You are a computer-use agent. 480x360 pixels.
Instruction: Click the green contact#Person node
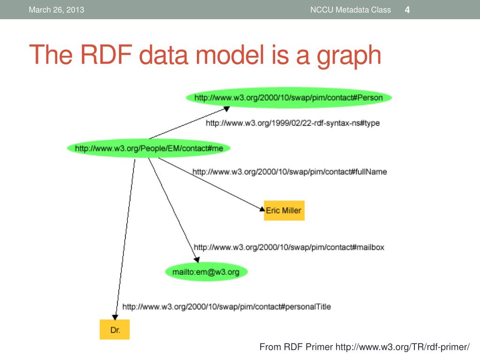(288, 98)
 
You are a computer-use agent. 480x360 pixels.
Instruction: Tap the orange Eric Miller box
(284, 210)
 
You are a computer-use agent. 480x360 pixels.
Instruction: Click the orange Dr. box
(115, 330)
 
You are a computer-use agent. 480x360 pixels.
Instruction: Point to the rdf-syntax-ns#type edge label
(292, 123)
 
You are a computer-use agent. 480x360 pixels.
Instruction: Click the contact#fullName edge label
(290, 172)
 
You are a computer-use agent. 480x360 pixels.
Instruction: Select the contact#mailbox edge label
(289, 247)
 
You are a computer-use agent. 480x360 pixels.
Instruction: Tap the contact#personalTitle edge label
(226, 307)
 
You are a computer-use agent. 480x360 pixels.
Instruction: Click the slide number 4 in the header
(407, 10)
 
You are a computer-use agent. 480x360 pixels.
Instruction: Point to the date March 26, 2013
(56, 10)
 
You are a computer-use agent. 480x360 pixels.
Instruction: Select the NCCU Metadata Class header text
(350, 10)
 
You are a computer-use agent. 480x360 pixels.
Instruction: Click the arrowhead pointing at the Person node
(226, 109)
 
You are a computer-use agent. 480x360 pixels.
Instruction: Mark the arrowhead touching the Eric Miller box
(262, 209)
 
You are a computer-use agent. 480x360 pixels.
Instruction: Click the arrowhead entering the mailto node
(197, 259)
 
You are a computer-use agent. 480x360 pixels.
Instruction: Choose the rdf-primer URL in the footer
(402, 347)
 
